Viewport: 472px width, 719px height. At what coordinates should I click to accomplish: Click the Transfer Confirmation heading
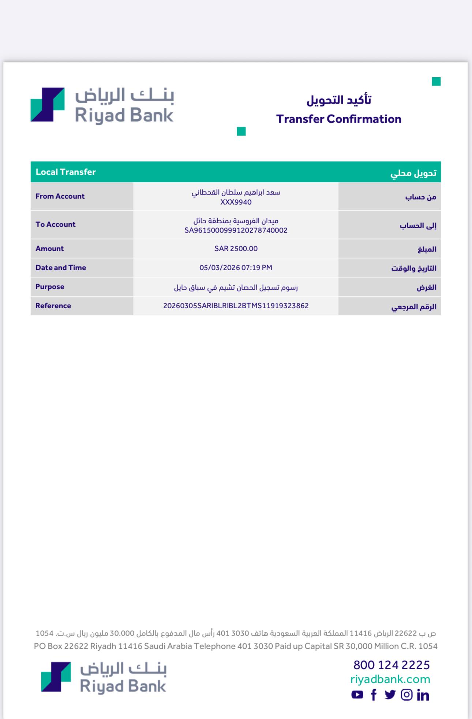[338, 119]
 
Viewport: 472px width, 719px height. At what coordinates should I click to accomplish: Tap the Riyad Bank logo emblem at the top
[48, 104]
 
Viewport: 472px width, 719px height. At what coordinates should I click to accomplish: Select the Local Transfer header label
[66, 172]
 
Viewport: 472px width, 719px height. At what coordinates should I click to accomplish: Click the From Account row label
[60, 196]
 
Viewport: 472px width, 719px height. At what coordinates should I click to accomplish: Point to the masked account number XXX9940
[236, 202]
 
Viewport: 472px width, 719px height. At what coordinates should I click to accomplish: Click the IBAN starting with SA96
[236, 230]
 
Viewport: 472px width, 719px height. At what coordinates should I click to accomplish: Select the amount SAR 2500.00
[236, 249]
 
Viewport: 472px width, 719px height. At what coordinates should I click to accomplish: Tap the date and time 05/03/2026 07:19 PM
[236, 268]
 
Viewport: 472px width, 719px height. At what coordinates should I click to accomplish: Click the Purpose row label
[50, 287]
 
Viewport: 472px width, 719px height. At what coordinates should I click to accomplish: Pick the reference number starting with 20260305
[236, 306]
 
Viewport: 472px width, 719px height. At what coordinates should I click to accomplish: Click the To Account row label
[56, 224]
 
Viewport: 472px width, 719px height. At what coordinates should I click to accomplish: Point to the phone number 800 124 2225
[392, 665]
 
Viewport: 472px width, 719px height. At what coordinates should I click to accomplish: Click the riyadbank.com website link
[390, 679]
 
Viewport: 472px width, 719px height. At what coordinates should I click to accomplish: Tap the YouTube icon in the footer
[357, 694]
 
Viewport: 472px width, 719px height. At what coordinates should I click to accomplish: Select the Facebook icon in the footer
[374, 694]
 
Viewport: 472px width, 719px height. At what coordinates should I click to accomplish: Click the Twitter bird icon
[390, 694]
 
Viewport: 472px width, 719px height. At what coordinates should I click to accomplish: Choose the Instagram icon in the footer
[407, 694]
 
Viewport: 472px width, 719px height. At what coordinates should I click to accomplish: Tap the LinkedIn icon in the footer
[423, 695]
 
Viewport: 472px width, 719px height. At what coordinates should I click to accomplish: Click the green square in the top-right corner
[436, 82]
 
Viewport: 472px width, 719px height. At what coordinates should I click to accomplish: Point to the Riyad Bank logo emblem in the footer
[56, 677]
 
